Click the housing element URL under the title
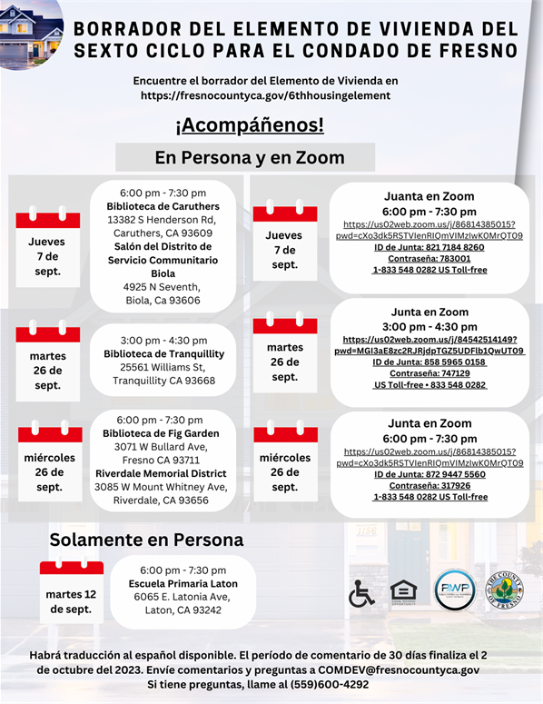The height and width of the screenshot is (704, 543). click(x=270, y=94)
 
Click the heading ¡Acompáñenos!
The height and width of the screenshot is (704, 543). click(x=249, y=125)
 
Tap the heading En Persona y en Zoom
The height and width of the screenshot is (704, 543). click(x=250, y=157)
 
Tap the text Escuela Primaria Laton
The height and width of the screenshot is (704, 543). click(x=184, y=583)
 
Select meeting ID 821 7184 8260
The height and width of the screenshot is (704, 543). click(x=429, y=247)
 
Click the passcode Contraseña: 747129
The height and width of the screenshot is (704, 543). click(x=429, y=373)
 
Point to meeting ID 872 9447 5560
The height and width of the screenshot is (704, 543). click(x=429, y=474)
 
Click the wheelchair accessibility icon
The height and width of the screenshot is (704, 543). click(x=361, y=592)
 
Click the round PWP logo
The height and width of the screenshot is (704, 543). click(x=454, y=590)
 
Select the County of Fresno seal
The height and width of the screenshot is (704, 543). click(x=504, y=590)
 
